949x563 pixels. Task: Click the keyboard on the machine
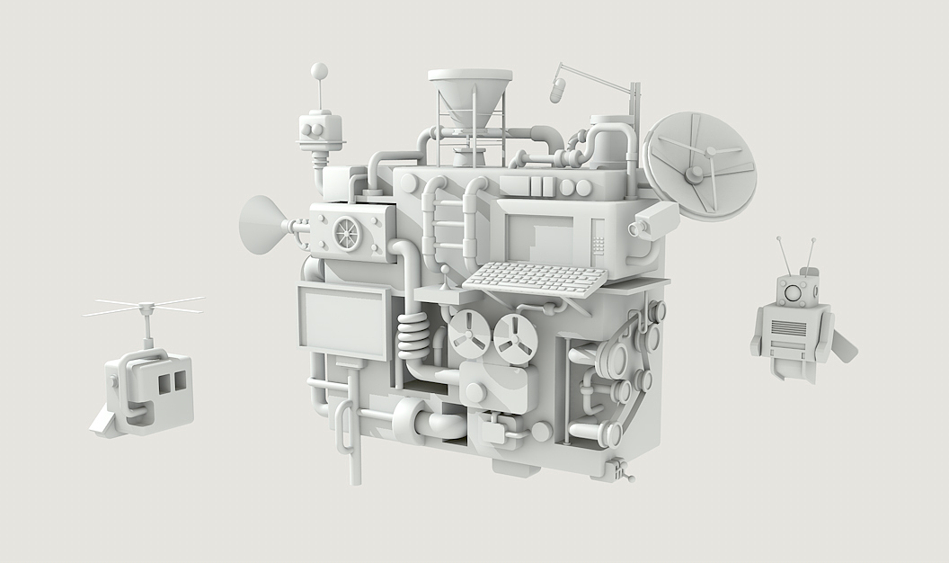point(536,279)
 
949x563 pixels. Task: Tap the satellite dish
point(700,165)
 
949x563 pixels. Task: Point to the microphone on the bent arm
point(557,89)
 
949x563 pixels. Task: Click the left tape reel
point(469,334)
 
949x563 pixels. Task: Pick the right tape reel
point(516,339)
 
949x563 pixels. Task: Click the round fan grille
point(347,233)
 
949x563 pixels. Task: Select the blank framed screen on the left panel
point(342,320)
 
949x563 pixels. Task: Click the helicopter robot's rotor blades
point(144,307)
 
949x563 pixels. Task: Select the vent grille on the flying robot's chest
point(789,328)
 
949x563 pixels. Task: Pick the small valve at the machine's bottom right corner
point(619,469)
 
